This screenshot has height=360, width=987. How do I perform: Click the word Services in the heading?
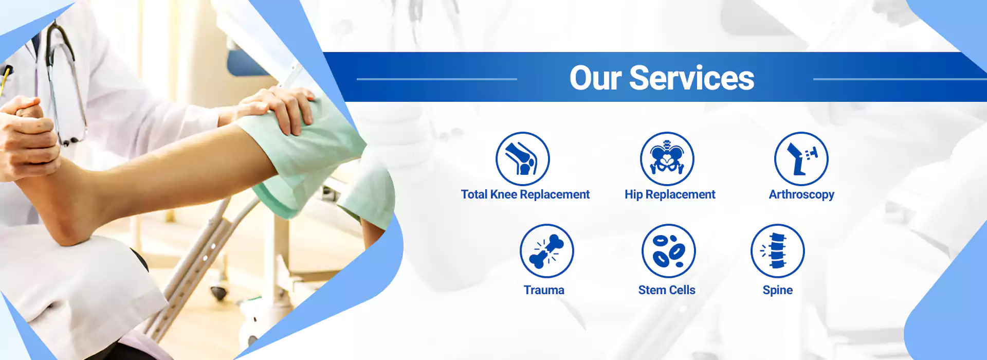pos(692,79)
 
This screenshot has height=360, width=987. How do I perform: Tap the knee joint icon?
pos(522,159)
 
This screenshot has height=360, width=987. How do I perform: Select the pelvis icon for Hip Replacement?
pos(667,159)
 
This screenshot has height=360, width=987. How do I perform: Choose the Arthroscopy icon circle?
pos(801,159)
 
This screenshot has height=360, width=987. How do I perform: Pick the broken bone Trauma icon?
pos(546,251)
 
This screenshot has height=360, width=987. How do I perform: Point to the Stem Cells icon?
pos(668,251)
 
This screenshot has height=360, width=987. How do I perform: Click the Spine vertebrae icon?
pos(778,251)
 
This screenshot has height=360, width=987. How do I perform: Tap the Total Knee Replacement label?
pos(525,195)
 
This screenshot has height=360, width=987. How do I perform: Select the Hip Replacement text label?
pos(670,195)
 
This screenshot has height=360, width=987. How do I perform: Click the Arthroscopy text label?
pos(801,195)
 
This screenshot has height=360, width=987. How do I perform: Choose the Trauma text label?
pos(544,290)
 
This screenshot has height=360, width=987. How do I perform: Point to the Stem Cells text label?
pos(667,290)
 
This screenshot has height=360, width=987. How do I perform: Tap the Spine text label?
pos(778,291)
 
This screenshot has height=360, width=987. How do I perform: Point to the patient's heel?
pos(67,226)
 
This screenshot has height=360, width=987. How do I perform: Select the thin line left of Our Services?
pos(436,79)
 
